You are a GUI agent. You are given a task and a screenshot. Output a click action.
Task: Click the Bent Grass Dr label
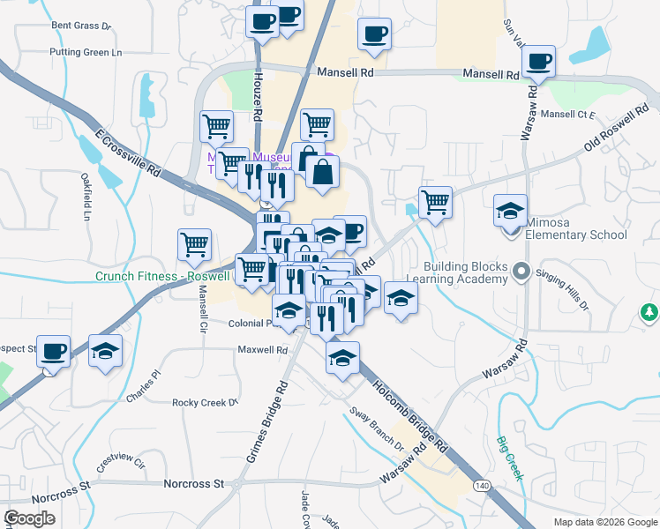tap(81, 26)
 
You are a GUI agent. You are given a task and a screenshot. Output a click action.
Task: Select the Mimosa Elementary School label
tap(576, 228)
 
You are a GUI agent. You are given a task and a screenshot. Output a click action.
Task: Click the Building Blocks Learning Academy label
tap(466, 272)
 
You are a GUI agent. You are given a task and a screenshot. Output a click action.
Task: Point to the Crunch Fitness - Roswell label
tap(165, 276)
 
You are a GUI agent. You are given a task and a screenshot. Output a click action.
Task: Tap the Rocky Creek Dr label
tap(206, 402)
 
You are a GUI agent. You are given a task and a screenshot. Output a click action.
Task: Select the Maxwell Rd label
tap(263, 350)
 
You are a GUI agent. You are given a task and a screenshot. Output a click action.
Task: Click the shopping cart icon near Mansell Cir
tap(194, 245)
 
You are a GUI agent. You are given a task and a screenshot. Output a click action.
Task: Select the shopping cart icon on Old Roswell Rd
tap(435, 203)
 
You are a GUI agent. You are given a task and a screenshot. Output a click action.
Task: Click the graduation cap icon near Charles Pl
tap(106, 352)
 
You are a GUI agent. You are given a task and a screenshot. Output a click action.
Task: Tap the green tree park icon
tap(649, 312)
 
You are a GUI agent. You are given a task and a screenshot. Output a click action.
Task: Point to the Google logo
tap(29, 518)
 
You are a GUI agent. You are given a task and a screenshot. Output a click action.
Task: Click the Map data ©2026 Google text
tap(605, 522)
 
